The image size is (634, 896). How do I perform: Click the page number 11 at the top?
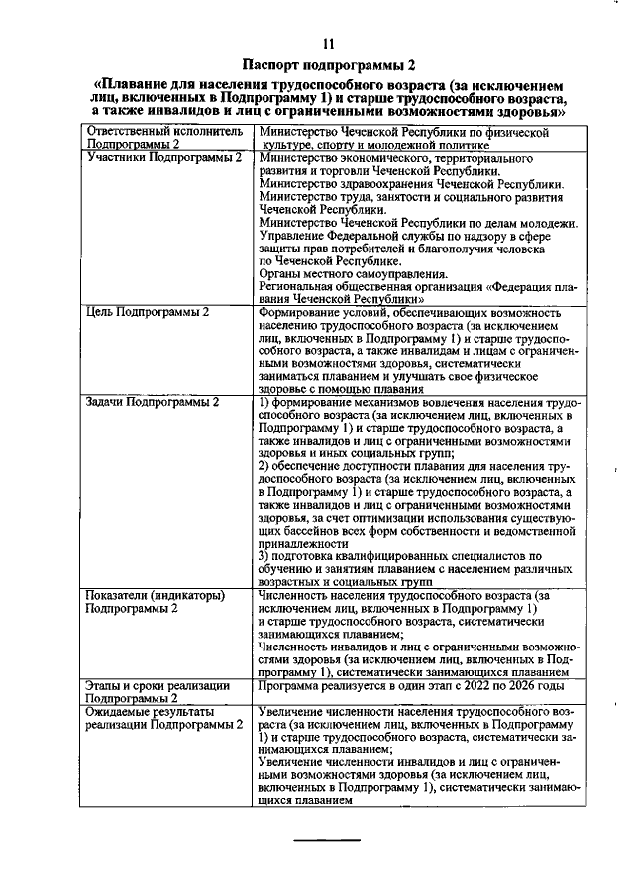click(x=329, y=42)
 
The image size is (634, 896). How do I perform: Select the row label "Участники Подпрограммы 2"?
click(x=164, y=158)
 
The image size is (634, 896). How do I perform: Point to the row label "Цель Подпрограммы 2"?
click(x=150, y=313)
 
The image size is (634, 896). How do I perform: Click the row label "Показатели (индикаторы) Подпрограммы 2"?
click(x=158, y=602)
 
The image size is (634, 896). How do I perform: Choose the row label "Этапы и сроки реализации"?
click(x=159, y=685)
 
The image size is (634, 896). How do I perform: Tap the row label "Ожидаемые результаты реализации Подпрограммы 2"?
click(x=164, y=719)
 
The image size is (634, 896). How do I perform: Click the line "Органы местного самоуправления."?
click(x=352, y=274)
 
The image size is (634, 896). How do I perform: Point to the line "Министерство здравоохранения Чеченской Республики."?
click(x=410, y=184)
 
